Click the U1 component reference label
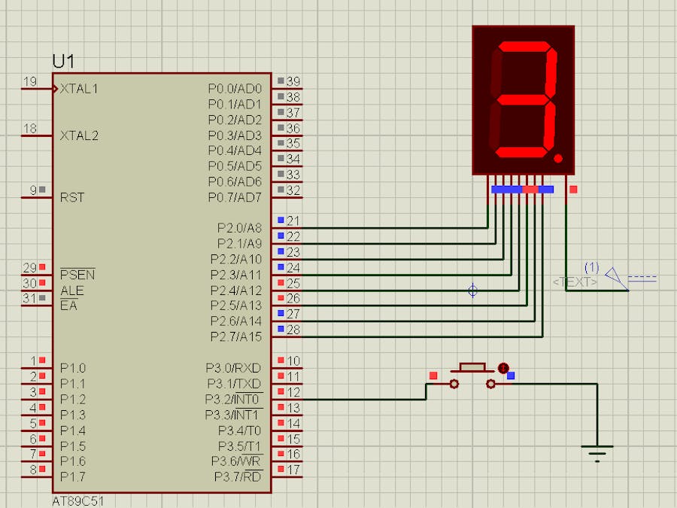coord(63,62)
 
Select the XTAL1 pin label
coord(79,89)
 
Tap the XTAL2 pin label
coord(79,135)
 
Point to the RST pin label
coord(72,197)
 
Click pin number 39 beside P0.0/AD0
coord(293,81)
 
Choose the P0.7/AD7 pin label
coord(235,197)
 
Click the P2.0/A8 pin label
coord(239,228)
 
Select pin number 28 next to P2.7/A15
coord(293,330)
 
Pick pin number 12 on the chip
coord(293,392)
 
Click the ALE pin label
coord(71,291)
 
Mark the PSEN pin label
coord(77,275)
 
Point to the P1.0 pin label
coord(73,369)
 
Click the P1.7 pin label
coord(73,476)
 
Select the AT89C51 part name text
coord(79,500)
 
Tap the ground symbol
coord(597,452)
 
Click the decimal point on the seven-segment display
coord(558,159)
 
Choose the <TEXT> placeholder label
coord(575,281)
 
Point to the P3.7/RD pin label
coord(238,476)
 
